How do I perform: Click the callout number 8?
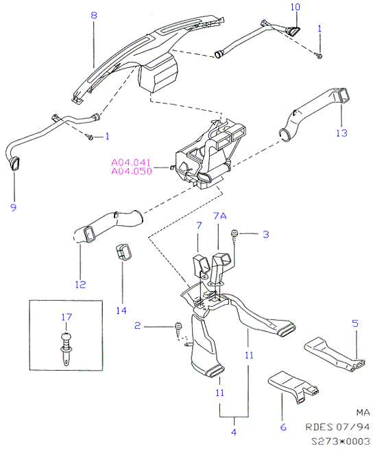[x=94, y=15]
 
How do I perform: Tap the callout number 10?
[x=296, y=7]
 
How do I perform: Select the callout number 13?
[x=341, y=133]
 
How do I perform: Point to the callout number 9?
[x=14, y=207]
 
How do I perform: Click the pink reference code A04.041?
[x=131, y=163]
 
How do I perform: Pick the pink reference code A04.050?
[x=132, y=172]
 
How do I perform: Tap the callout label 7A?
[x=220, y=216]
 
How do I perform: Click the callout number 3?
[x=266, y=234]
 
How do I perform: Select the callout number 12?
[x=80, y=284]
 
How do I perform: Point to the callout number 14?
[x=121, y=310]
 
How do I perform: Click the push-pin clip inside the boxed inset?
[x=66, y=349]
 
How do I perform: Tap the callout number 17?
[x=67, y=317]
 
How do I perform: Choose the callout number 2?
[x=138, y=325]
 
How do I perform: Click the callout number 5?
[x=355, y=323]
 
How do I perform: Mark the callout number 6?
[x=283, y=427]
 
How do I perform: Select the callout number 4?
[x=234, y=432]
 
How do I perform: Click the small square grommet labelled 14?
[x=124, y=253]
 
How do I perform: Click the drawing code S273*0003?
[x=341, y=441]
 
